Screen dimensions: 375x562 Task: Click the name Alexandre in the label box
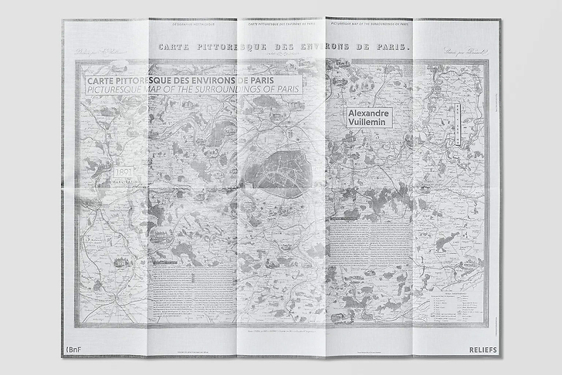coord(370,113)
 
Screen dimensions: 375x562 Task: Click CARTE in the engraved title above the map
coord(177,48)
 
